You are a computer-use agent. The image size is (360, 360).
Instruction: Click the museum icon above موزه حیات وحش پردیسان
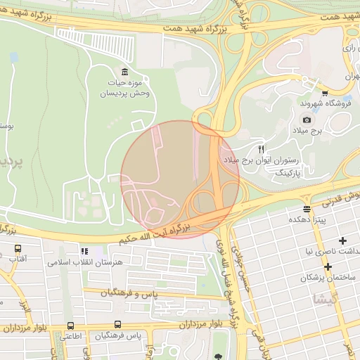tap(124, 71)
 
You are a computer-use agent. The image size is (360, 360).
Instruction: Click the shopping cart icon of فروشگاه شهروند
tap(324, 93)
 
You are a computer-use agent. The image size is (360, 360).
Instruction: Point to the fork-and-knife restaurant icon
tap(262, 149)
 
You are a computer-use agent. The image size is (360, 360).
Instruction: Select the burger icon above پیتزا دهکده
tap(307, 209)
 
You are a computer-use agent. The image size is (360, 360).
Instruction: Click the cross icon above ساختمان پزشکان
tap(328, 266)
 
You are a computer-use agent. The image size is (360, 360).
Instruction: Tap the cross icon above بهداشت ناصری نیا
tap(342, 240)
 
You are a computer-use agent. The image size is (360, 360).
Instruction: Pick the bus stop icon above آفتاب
tap(18, 248)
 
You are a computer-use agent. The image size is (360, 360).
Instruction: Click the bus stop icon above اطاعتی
tap(71, 326)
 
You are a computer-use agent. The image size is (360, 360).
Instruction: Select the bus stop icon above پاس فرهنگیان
tap(117, 326)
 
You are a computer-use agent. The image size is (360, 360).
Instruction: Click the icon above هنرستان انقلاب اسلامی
tap(84, 251)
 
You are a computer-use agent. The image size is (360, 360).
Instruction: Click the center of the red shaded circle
tap(180, 179)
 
